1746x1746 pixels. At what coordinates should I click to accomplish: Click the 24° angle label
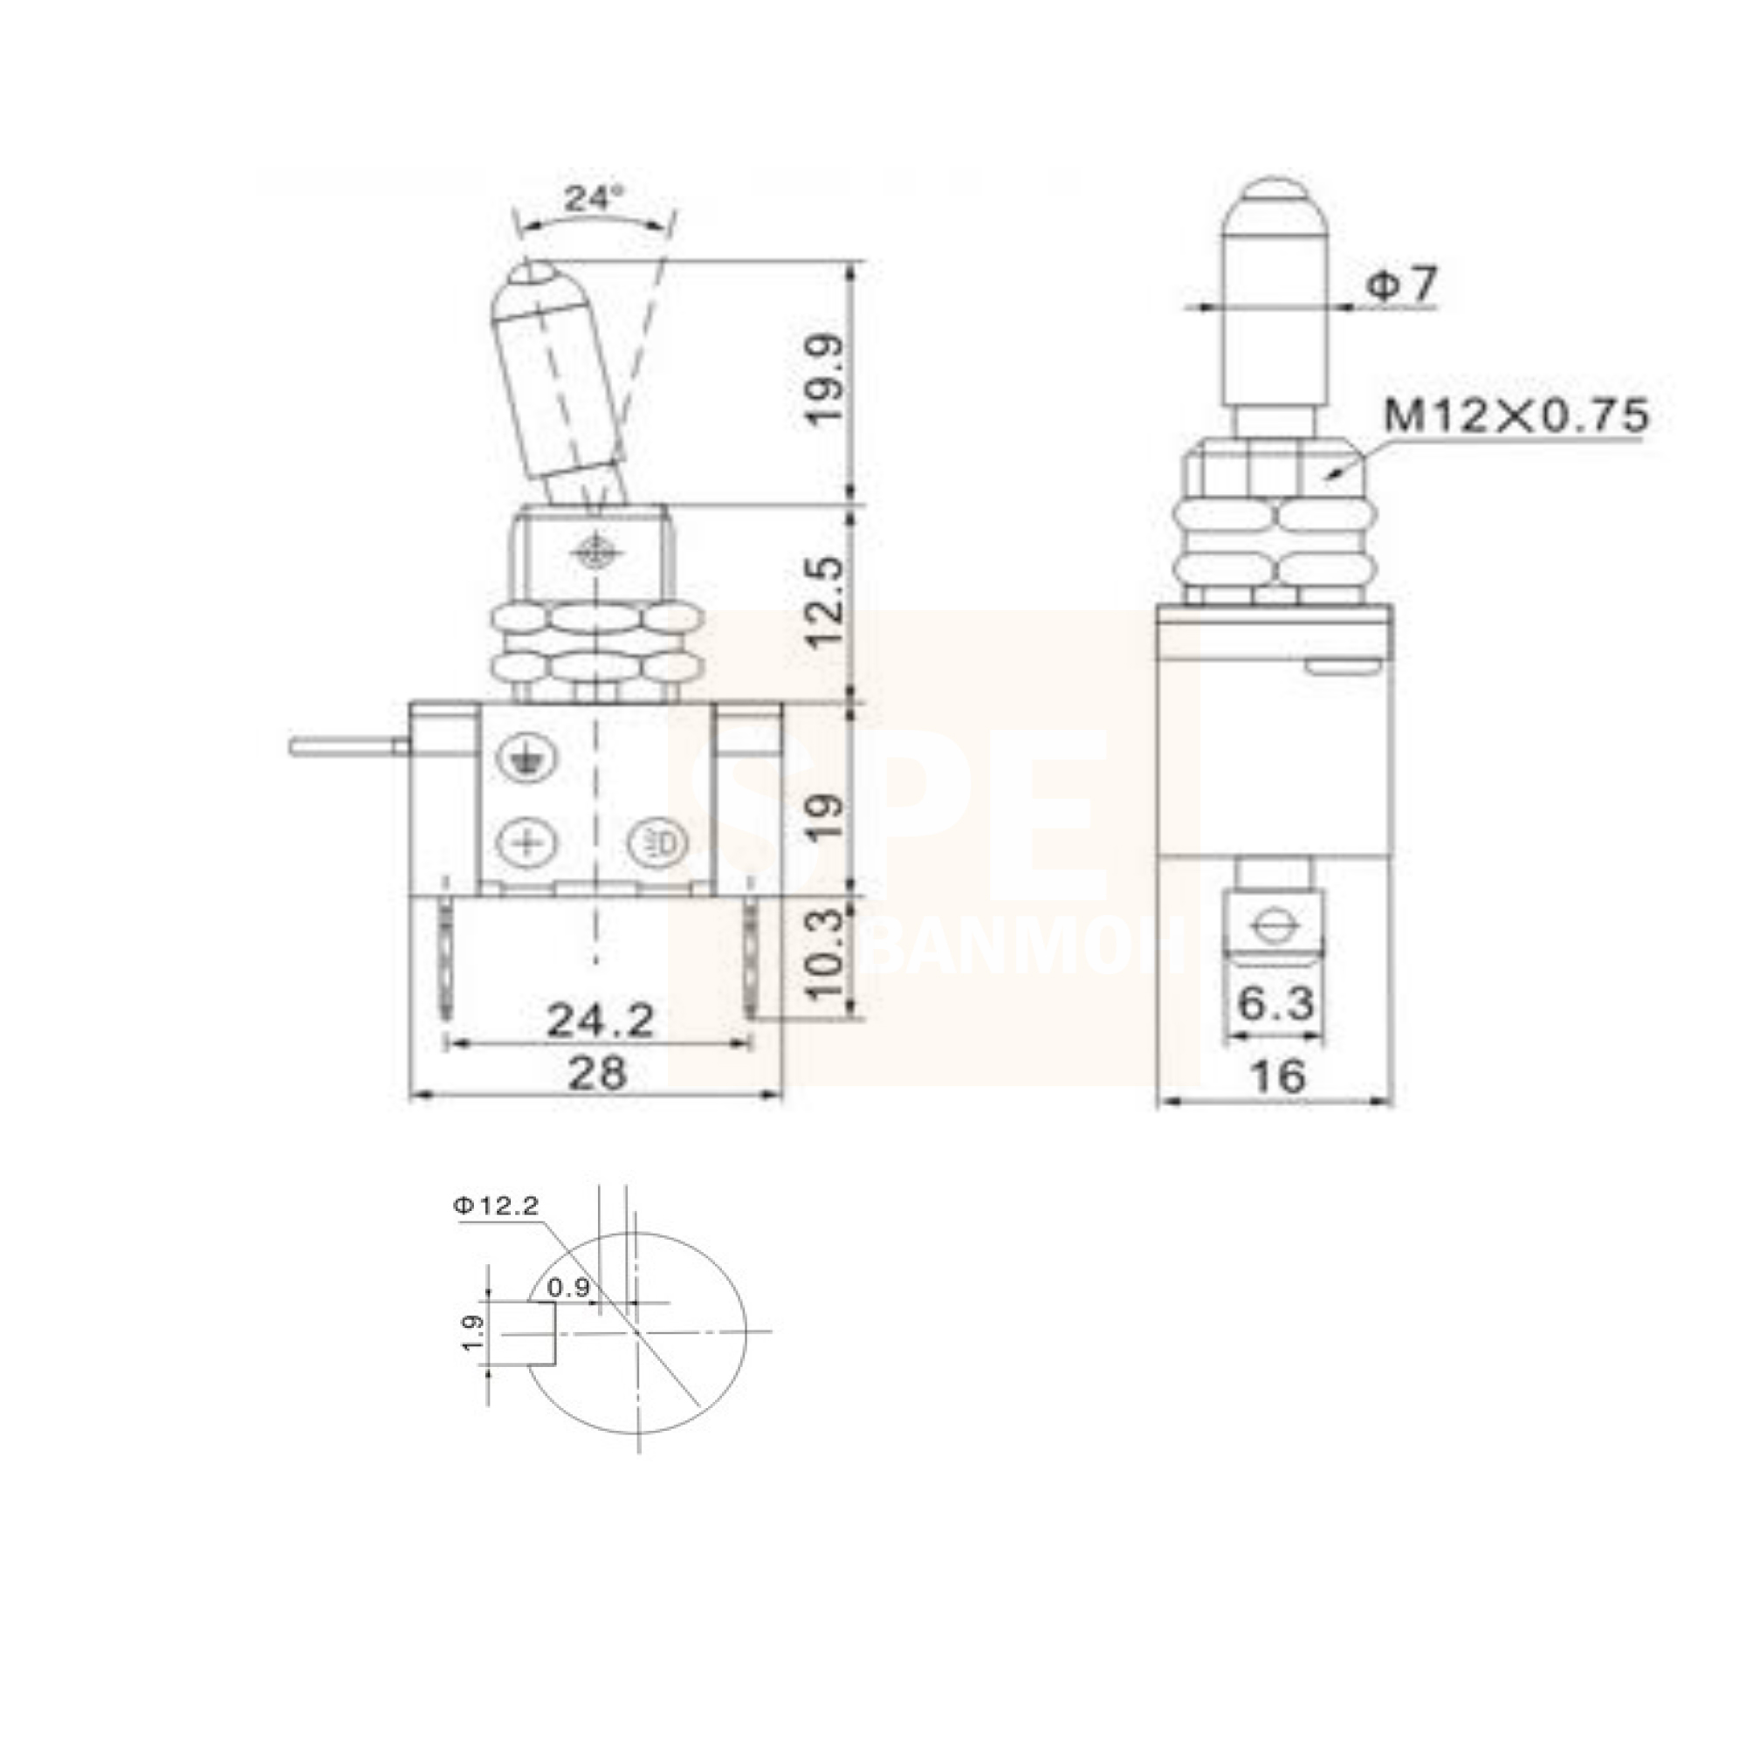(x=594, y=198)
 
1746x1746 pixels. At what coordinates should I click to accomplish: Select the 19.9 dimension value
(x=825, y=380)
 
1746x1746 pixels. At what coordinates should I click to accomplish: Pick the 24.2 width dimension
(x=601, y=1021)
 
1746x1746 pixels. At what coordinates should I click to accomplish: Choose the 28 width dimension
(x=596, y=1074)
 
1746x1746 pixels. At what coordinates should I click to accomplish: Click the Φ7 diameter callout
(x=1400, y=285)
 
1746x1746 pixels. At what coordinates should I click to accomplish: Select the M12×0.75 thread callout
(x=1516, y=416)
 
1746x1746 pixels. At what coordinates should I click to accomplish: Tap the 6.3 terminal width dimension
(x=1275, y=1002)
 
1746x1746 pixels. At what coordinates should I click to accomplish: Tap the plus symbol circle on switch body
(x=525, y=843)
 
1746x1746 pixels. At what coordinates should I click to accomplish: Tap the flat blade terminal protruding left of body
(x=348, y=746)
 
